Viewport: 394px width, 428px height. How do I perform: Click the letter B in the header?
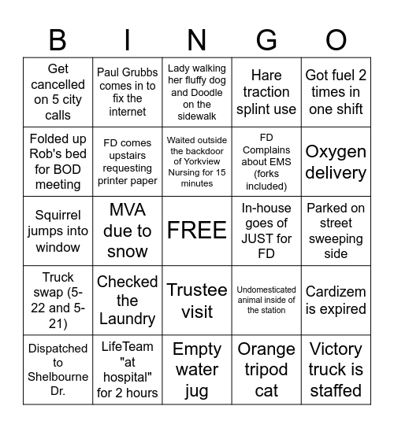[58, 39]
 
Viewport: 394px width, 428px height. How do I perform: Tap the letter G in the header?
[266, 39]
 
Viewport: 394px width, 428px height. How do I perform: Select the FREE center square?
[197, 231]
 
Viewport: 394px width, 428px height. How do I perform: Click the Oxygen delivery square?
[336, 161]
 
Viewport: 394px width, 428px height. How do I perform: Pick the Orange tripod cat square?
[266, 369]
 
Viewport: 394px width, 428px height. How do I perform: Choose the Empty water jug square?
[197, 369]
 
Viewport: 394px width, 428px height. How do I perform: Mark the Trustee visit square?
[197, 300]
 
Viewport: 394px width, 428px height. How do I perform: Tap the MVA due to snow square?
[128, 231]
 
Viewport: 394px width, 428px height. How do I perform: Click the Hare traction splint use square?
[266, 92]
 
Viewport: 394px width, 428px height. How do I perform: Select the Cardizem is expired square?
[336, 300]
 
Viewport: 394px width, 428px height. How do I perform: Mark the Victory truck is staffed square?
[336, 369]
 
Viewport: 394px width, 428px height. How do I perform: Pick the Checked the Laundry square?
[128, 300]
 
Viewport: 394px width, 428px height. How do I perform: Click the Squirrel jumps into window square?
[58, 231]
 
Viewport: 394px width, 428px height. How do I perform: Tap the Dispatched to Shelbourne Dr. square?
[58, 369]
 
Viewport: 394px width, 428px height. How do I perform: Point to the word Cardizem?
[336, 291]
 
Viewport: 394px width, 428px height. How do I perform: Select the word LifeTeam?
[128, 346]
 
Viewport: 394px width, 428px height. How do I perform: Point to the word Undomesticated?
[266, 290]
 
